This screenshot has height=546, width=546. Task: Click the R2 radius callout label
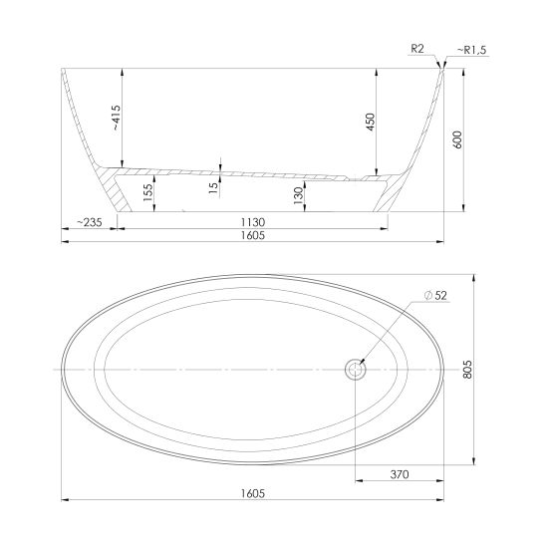(417, 49)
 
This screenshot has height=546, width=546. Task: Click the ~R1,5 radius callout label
(471, 50)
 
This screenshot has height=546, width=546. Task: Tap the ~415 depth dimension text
(117, 118)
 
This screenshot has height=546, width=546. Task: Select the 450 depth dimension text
(371, 122)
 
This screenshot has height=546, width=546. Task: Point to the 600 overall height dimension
(458, 139)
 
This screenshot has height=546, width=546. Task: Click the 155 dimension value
(148, 192)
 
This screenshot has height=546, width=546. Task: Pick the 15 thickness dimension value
(213, 187)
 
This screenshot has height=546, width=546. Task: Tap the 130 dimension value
(298, 195)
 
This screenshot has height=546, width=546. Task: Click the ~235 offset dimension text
(89, 222)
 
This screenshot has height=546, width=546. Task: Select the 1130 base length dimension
(253, 222)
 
